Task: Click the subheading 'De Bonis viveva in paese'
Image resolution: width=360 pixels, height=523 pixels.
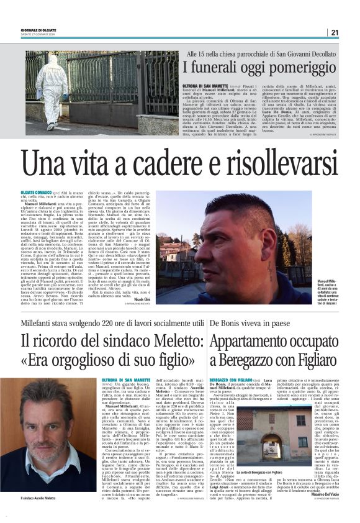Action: coord(248,323)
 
